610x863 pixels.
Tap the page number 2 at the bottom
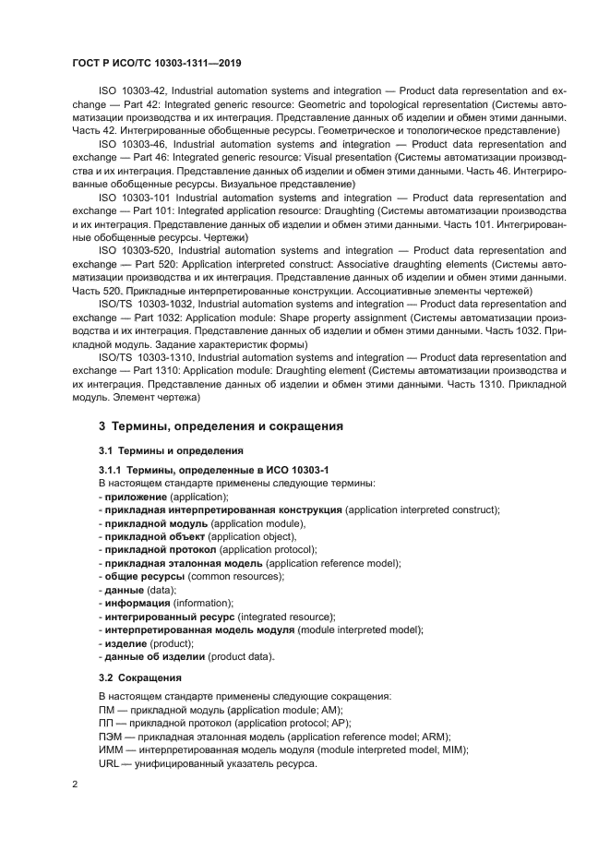[75, 785]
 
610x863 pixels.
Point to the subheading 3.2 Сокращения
[141, 677]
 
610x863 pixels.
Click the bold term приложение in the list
[136, 497]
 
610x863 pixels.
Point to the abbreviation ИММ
[111, 750]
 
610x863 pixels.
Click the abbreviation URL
[109, 764]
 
